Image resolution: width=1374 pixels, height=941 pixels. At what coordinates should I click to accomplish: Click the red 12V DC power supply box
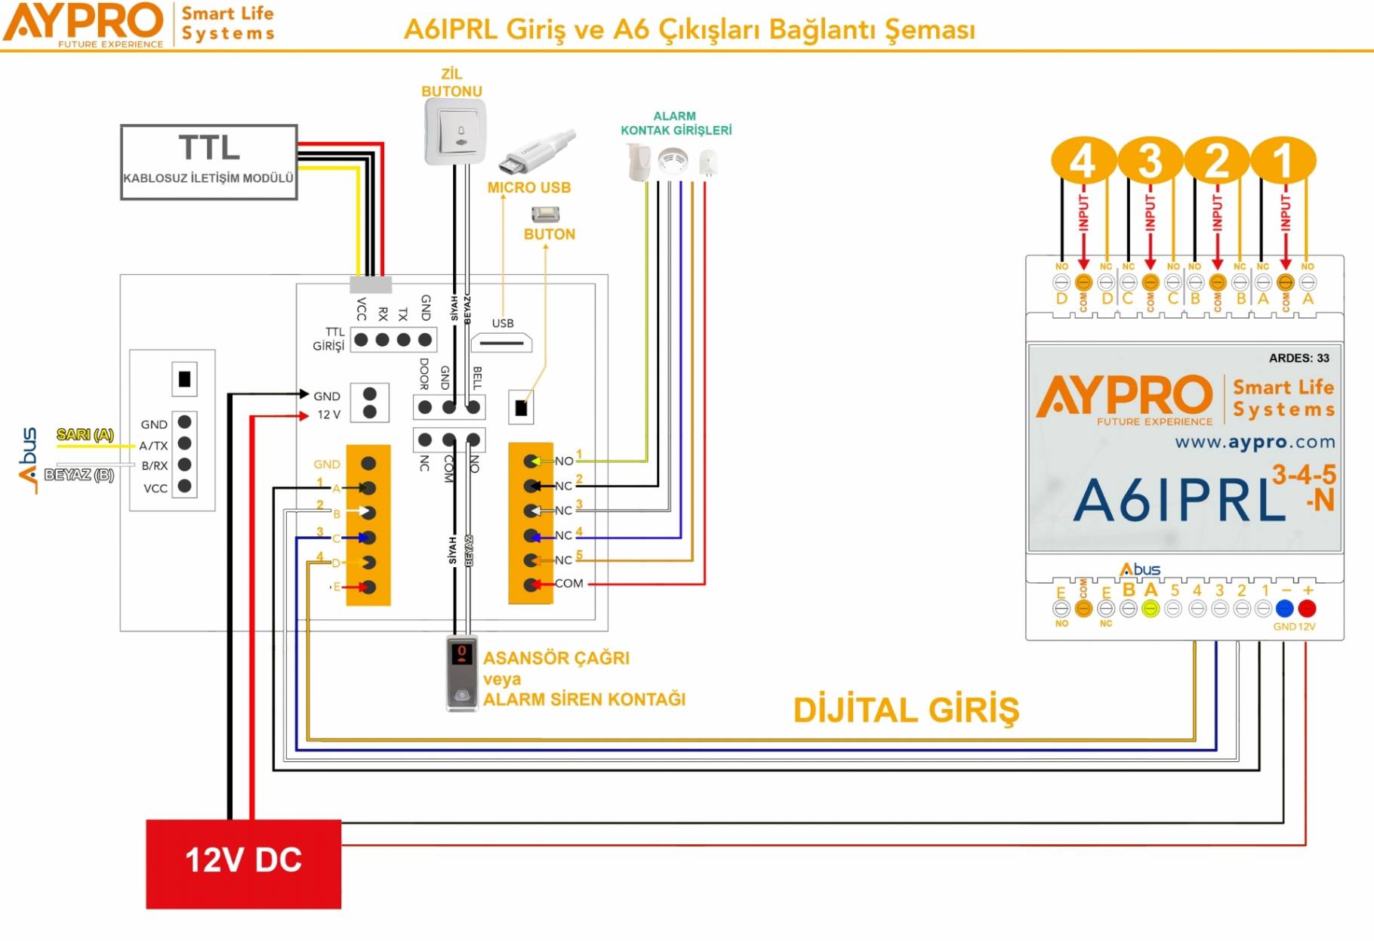click(243, 863)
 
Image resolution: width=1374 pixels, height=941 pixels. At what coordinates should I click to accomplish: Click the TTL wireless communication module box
click(208, 162)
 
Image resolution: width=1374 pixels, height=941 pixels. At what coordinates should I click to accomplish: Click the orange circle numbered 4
click(1083, 160)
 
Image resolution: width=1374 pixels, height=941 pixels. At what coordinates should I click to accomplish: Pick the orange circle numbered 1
click(1283, 160)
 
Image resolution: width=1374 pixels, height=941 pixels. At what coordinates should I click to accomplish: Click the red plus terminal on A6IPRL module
click(1307, 608)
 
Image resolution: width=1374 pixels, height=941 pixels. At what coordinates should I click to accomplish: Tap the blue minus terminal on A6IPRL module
click(1284, 608)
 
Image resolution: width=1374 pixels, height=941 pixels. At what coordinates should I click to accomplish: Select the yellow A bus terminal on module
click(1150, 609)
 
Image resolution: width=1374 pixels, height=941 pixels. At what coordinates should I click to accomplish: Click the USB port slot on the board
click(501, 343)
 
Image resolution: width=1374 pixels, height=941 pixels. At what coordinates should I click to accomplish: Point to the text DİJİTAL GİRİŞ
click(906, 711)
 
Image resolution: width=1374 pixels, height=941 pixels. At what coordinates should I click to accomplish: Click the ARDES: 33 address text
click(1299, 358)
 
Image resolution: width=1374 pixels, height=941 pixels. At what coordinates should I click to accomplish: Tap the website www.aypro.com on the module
click(1254, 442)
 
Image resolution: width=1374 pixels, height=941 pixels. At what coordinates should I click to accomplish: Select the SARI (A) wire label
click(85, 434)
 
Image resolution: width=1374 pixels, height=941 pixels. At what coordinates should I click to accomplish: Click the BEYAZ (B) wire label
click(79, 474)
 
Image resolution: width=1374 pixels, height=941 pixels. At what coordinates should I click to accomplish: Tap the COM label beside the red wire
click(568, 583)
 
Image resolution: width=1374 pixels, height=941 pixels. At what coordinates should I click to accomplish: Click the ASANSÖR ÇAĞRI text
click(556, 658)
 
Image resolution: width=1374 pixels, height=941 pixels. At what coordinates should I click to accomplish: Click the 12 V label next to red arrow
click(328, 415)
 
